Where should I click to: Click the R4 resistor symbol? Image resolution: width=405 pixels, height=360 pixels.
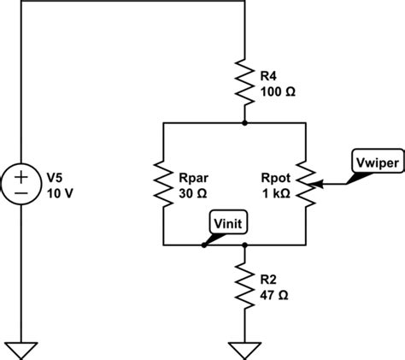click(x=245, y=82)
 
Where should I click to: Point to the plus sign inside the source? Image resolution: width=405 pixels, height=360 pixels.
click(x=19, y=176)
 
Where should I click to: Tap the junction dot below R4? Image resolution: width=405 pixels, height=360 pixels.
click(x=245, y=123)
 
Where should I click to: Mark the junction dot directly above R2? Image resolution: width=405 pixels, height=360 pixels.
click(x=245, y=245)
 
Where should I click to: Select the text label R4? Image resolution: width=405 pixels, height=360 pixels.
click(x=269, y=75)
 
